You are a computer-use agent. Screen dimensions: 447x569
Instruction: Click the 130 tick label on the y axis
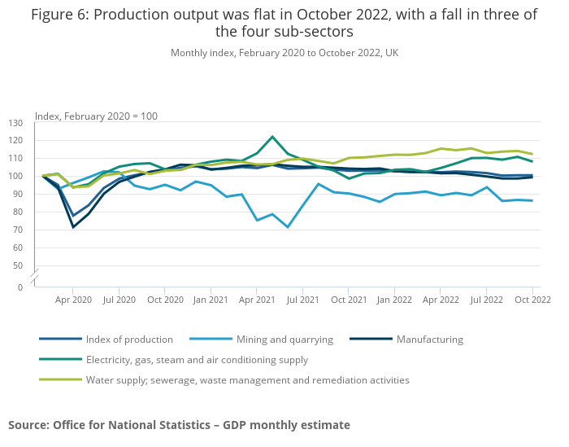point(15,123)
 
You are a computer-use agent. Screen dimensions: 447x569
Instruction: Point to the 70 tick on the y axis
point(15,230)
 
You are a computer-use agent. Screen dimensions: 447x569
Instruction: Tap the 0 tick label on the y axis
point(20,287)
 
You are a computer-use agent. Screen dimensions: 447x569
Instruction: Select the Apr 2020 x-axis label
point(73,300)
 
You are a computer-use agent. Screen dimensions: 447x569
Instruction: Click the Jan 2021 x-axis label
point(211,300)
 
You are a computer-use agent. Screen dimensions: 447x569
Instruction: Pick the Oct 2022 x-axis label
point(532,300)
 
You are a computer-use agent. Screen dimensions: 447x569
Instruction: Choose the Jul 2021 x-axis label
point(302,300)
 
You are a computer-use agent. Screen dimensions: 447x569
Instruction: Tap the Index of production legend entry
point(129,340)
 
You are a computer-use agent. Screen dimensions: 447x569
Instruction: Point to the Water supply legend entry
point(247,379)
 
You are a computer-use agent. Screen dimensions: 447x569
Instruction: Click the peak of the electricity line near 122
point(272,137)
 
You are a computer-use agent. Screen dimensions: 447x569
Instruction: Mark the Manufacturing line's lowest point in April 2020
point(73,227)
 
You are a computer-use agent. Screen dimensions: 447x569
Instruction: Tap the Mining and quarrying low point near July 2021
point(288,227)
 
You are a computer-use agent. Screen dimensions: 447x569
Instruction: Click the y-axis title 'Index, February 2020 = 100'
point(96,116)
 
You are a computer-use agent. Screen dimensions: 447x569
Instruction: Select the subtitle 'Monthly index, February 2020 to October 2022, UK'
point(284,53)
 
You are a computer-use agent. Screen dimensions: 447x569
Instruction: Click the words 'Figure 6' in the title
point(59,15)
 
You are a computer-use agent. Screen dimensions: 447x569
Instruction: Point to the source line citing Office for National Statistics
point(179,425)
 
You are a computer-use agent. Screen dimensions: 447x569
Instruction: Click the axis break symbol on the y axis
point(35,278)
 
